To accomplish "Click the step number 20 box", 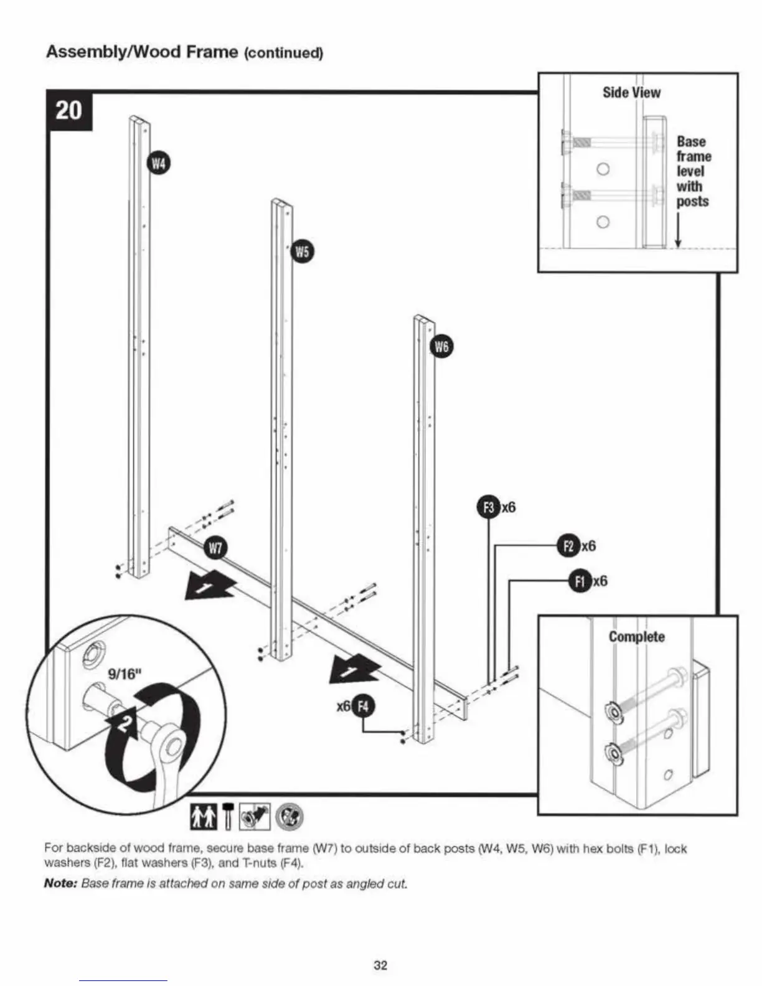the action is [x=69, y=111].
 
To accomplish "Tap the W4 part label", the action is [x=159, y=164].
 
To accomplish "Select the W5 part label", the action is [x=302, y=251].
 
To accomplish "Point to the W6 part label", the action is [x=441, y=347].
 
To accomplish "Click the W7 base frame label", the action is [x=215, y=548].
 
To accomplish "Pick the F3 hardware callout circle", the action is [x=489, y=507].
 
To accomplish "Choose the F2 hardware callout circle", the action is [x=568, y=546].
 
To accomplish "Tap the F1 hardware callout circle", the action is [x=580, y=581].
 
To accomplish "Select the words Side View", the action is [x=631, y=93].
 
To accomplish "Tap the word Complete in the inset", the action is [x=636, y=637].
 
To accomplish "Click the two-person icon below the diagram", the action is [x=204, y=816].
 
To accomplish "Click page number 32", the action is [x=380, y=965].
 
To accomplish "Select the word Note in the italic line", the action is [x=60, y=883].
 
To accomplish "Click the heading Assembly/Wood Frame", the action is [x=142, y=52].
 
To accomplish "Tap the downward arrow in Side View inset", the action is [x=678, y=230].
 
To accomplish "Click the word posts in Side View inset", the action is [x=692, y=202].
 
